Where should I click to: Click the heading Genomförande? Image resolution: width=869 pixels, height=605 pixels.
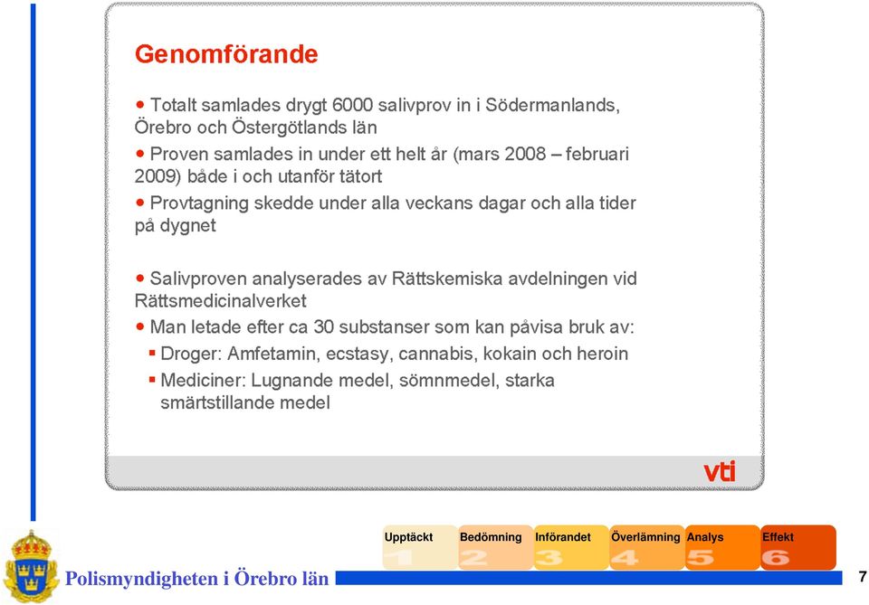pos(226,54)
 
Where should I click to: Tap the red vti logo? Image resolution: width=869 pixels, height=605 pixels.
pos(720,471)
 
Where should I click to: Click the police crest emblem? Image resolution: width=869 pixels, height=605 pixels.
pos(31,566)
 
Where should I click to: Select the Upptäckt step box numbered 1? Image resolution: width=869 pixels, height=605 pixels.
pos(420,547)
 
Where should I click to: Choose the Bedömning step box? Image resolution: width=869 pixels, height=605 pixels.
pos(495,547)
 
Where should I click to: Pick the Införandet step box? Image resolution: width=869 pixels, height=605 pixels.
pos(571,547)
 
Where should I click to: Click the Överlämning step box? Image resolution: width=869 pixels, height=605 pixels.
pos(646,547)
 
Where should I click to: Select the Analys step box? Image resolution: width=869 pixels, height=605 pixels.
pos(722,547)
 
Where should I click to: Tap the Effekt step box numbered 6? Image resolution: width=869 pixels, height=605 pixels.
pos(798,547)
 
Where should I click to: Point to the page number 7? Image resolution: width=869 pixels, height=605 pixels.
pos(863,577)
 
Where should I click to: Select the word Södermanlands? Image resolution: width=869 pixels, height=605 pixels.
pos(552,105)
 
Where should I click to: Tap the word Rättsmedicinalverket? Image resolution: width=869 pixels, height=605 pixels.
pos(220,300)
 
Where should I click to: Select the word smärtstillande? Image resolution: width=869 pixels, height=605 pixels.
pos(217,402)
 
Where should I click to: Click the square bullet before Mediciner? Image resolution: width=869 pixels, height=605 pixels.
pos(152,379)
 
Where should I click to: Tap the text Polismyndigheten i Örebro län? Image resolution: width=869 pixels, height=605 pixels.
pos(196,579)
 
